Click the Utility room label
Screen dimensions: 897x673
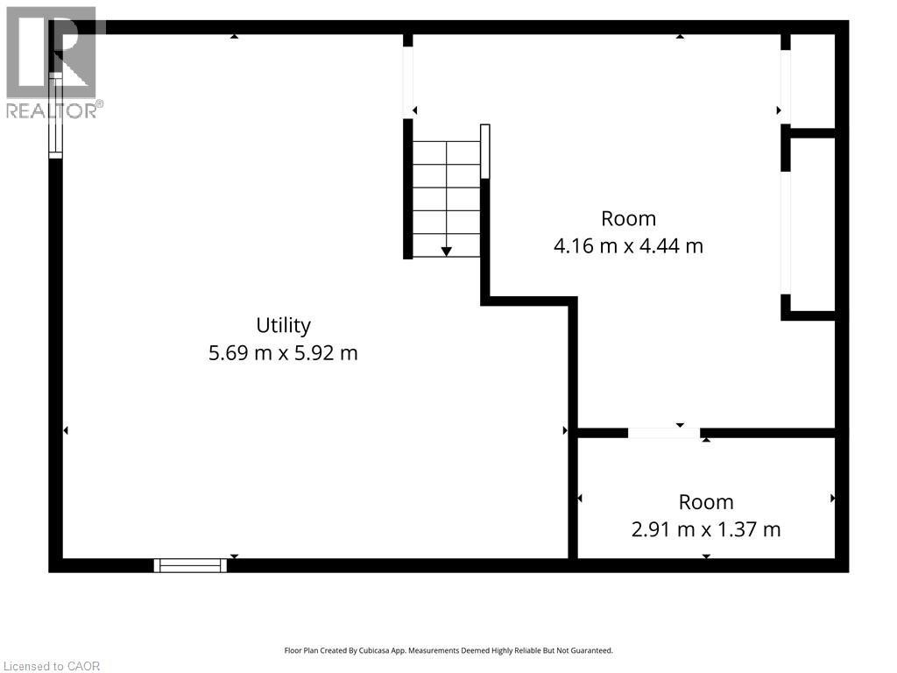tap(283, 326)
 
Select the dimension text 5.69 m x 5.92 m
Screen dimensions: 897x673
tap(283, 353)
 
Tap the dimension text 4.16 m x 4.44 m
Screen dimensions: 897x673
tap(628, 246)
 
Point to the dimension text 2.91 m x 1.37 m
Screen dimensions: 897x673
tap(706, 529)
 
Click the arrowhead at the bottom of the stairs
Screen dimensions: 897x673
tap(446, 251)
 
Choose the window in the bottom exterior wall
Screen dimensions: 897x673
tap(190, 565)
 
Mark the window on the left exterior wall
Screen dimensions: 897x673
tap(55, 116)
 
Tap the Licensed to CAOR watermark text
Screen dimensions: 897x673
tap(52, 666)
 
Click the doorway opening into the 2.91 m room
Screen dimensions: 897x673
tap(664, 433)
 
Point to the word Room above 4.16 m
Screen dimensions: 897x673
tap(628, 218)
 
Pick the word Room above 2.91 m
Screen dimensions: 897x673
tap(706, 502)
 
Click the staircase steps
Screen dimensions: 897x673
tap(446, 199)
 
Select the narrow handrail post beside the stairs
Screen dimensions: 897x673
tap(485, 151)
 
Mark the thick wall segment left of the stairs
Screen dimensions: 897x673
tap(408, 189)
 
